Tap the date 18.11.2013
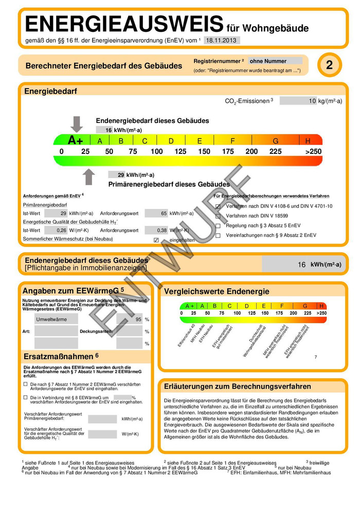[222, 40]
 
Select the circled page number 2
[329, 65]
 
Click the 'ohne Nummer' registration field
[275, 61]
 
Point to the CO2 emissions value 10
[312, 101]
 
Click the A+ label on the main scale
[76, 140]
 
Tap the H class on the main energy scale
[308, 140]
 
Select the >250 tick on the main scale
[313, 151]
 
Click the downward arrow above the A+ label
[77, 124]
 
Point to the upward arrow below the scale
[89, 177]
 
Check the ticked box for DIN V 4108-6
[218, 206]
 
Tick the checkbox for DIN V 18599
[218, 216]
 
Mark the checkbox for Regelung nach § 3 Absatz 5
[218, 226]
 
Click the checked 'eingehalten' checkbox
[156, 240]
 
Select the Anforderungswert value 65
[164, 213]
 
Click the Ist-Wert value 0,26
[62, 231]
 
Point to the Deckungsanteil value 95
[138, 320]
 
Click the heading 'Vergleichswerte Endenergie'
[217, 292]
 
